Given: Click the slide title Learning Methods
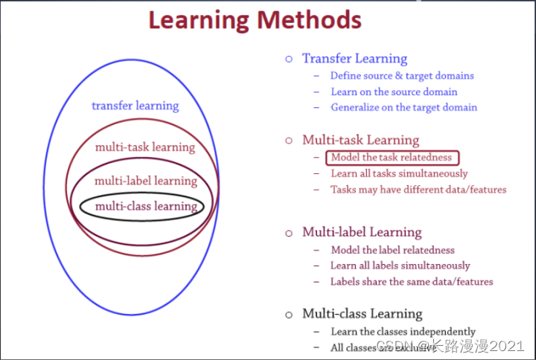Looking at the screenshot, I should point(255,19).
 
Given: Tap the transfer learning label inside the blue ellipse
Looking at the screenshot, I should point(135,106).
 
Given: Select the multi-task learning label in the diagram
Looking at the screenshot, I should point(144,147).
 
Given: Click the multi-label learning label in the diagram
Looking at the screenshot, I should point(145,180).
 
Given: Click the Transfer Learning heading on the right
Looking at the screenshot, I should point(354,59).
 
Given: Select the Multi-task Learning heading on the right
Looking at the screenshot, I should point(360,140).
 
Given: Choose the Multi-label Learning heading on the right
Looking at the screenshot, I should point(362,232).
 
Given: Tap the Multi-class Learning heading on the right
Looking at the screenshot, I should point(362,313).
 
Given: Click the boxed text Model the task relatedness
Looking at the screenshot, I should point(392,158).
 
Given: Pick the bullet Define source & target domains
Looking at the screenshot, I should point(402,75).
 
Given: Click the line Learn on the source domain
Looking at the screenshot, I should point(394,91).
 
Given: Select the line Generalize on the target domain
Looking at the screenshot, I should point(404,107).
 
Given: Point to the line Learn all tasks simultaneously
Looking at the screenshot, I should point(400,173).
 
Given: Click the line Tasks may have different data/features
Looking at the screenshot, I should point(418,190).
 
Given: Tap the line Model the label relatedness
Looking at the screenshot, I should point(392,250).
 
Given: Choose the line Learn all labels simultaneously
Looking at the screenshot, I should point(401,266).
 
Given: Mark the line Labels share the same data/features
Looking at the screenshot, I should point(412,281).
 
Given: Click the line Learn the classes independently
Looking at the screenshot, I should point(403,331).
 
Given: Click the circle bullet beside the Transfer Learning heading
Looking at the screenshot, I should point(289,59).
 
